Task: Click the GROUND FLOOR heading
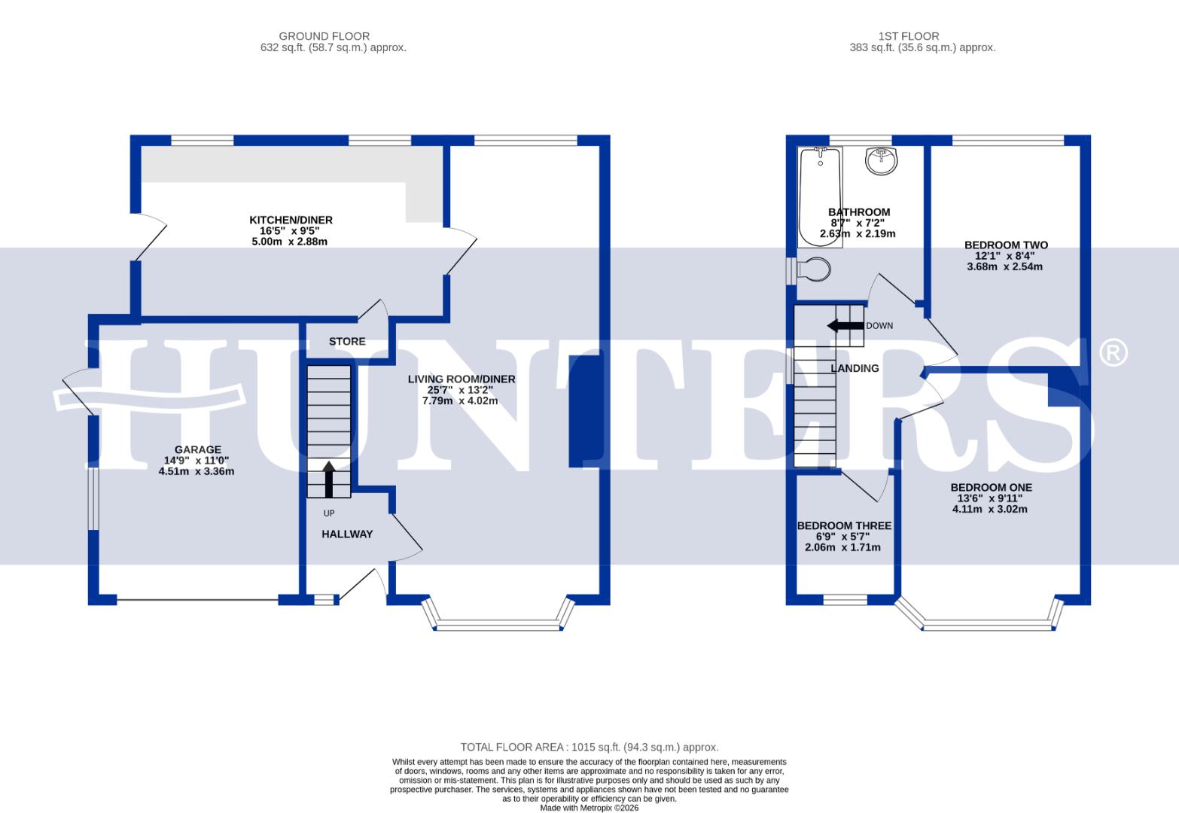point(324,36)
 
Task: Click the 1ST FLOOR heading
point(908,36)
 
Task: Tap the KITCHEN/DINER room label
point(291,220)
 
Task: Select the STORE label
point(347,342)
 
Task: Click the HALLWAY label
point(347,534)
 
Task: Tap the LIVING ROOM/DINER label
point(461,379)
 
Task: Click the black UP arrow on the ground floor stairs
point(329,480)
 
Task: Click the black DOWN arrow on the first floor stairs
point(845,326)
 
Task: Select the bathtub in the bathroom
point(820,196)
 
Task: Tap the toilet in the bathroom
point(813,270)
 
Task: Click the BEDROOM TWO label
point(1006,245)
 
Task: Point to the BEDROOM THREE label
point(844,525)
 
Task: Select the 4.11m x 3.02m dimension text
point(989,509)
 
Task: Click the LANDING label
point(855,368)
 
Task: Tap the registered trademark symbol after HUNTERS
point(1113,352)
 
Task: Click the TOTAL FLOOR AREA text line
point(589,748)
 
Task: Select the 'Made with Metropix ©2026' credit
point(589,808)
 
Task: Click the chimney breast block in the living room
point(585,410)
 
